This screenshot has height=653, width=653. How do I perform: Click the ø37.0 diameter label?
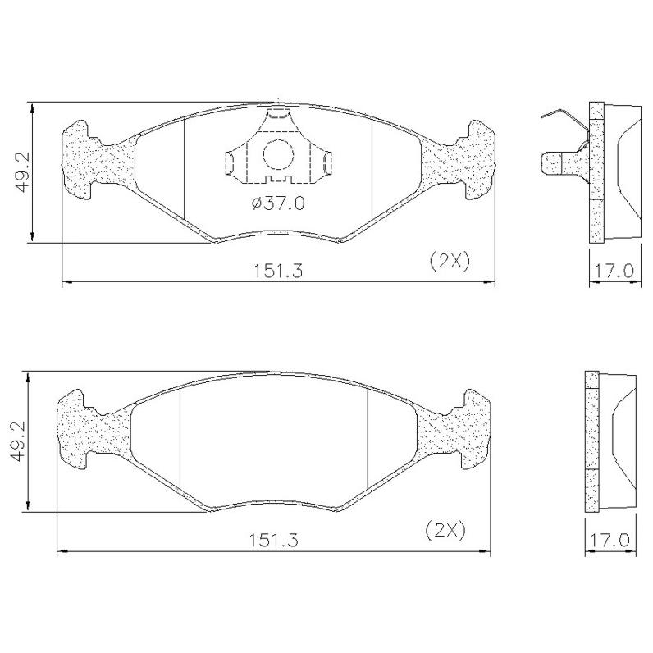coord(278,203)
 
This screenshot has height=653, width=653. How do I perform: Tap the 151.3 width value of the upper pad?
coord(278,271)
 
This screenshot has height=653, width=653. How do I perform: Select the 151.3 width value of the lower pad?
coord(274,540)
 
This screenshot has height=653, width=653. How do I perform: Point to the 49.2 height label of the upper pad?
coord(23,171)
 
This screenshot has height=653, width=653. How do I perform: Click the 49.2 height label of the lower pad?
coord(19,441)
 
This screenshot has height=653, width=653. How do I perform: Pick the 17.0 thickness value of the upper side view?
coord(614,271)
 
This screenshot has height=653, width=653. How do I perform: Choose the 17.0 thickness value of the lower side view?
coord(609,540)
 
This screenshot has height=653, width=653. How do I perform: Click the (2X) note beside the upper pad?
coord(450,262)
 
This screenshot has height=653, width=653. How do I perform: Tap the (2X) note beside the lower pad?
coord(445,531)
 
